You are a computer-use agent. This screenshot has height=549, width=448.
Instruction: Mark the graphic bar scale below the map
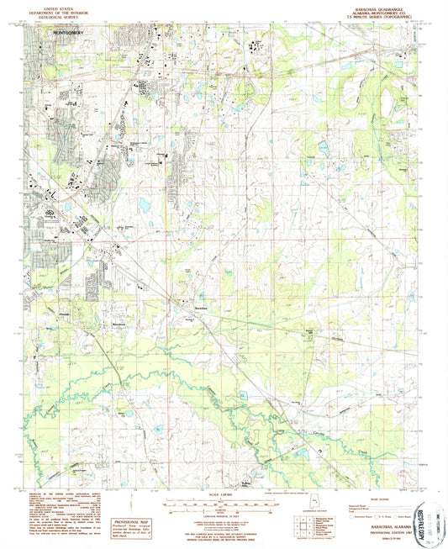(x=224, y=503)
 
